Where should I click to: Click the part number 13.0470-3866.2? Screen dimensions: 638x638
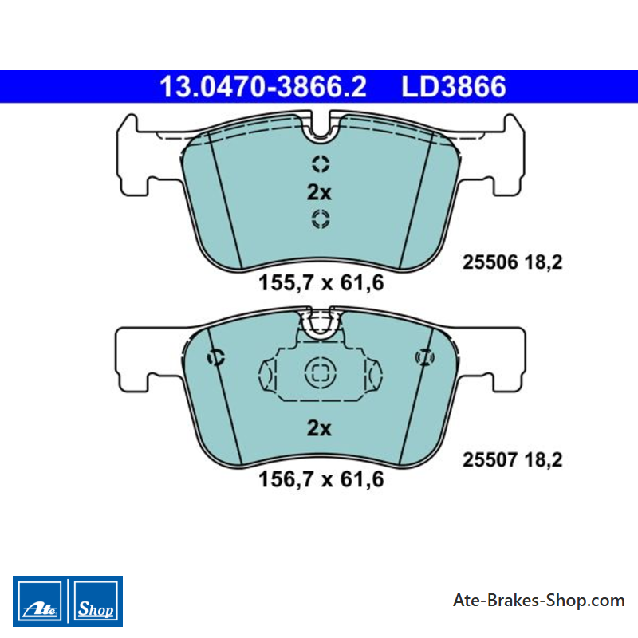coord(263,87)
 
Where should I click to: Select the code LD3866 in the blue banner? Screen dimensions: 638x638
coord(454,87)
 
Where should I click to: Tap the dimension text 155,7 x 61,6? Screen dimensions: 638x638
coord(321,282)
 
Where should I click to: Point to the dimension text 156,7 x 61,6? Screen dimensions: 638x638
coord(321,479)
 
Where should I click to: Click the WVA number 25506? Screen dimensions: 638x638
coord(490,262)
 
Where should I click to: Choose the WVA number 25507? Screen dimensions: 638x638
coord(490,460)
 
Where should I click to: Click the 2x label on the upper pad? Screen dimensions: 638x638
coord(320,192)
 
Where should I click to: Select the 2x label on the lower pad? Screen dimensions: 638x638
coord(320,428)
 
